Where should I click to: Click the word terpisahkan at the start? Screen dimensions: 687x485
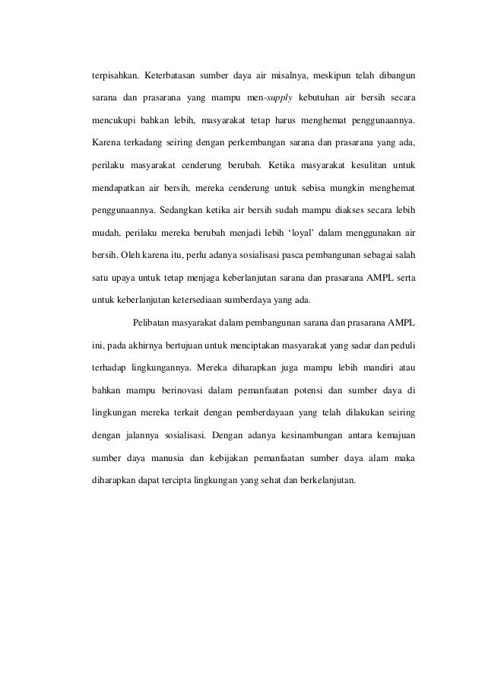pyautogui.click(x=113, y=76)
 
